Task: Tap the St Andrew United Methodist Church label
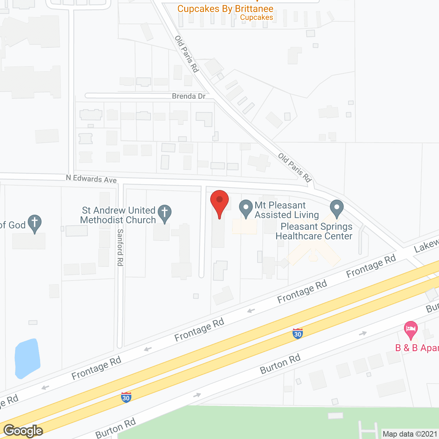coord(118,215)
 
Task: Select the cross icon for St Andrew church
coord(165,213)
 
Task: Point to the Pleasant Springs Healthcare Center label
coord(314,231)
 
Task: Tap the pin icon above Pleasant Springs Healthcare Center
coord(336,209)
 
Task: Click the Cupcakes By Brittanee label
coord(225,9)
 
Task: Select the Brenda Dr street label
coord(189,96)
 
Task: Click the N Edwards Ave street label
coord(91,179)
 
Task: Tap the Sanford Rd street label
coord(120,247)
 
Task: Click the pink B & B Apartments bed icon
coord(411,329)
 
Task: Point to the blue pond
coord(27,358)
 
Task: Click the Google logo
coord(23,431)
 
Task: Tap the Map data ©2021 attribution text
coord(410,434)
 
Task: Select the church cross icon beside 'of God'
coord(35,223)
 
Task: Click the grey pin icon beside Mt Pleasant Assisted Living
coord(246,209)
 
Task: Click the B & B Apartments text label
coord(417,348)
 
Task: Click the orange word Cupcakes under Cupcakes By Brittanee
coord(257,17)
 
